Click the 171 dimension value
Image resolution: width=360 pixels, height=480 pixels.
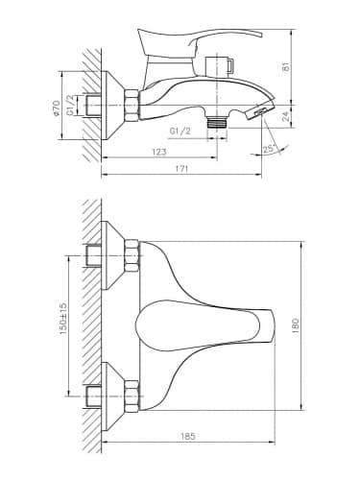click(181, 169)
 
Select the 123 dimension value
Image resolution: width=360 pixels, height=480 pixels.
click(159, 152)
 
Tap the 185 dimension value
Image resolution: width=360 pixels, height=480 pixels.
click(188, 436)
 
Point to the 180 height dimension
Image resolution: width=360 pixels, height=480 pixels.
click(295, 325)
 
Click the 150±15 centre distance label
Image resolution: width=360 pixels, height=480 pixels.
click(62, 319)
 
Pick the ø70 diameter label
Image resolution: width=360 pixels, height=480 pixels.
click(57, 108)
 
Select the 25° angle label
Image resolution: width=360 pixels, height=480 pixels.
click(268, 149)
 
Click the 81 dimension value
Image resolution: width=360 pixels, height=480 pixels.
click(286, 66)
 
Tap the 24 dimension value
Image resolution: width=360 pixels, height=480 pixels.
click(287, 116)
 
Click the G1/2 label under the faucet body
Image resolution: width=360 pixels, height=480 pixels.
click(180, 131)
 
